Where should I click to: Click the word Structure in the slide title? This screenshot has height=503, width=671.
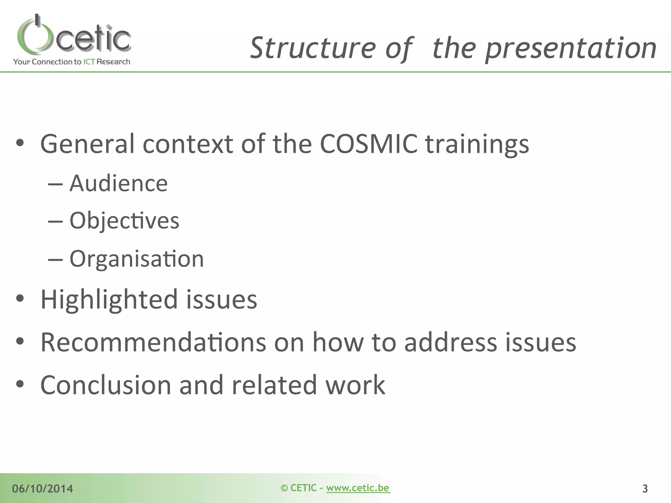[313, 48]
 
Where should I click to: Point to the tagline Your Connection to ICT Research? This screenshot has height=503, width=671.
[71, 62]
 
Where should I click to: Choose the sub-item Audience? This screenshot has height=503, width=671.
[119, 183]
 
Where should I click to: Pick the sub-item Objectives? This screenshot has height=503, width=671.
[125, 220]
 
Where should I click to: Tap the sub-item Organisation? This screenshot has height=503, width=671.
[137, 259]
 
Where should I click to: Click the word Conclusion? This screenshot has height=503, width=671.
[106, 385]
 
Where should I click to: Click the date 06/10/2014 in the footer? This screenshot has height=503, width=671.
[43, 489]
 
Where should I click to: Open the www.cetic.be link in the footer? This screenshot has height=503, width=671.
[358, 488]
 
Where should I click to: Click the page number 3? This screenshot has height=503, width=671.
[645, 489]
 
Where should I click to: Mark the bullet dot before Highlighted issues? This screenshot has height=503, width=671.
[20, 298]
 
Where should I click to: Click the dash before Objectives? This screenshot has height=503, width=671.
[55, 221]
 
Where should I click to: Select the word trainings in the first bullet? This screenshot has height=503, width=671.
[477, 144]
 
